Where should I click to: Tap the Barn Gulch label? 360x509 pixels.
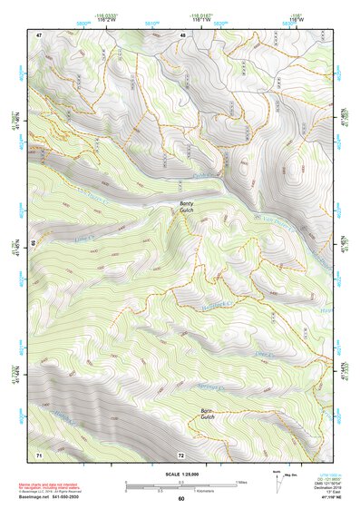pos(207,415)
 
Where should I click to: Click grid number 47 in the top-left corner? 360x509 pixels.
pos(40,35)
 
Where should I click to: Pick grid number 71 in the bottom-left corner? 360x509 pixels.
pos(39,454)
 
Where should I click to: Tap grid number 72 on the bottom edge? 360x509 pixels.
pos(181,454)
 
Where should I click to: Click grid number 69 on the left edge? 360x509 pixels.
pos(34,244)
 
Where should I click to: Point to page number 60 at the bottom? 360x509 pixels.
pos(181,499)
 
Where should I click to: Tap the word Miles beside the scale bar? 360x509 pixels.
pos(242,481)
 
